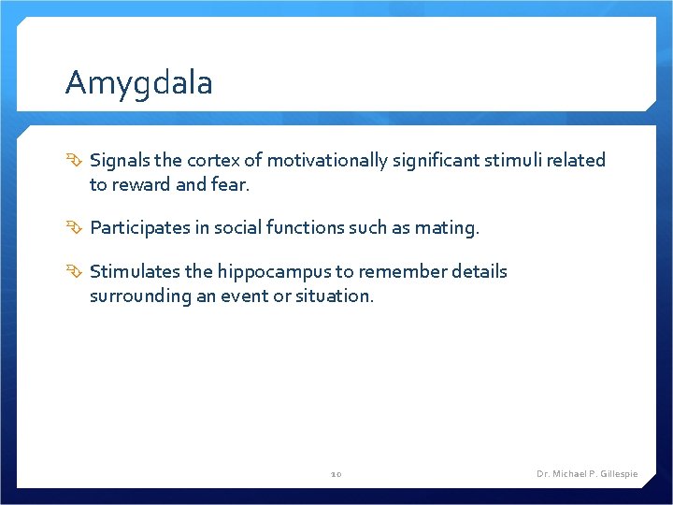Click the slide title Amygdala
coord(139,84)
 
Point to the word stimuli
coord(517,161)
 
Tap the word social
coord(246,227)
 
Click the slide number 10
coord(336,474)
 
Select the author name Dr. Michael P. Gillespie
coord(587,474)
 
